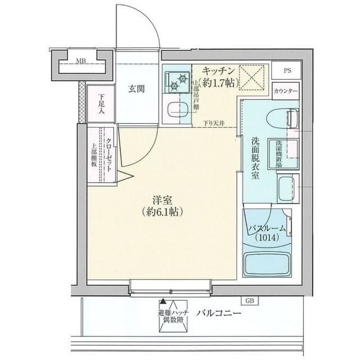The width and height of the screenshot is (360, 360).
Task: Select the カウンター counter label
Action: pyautogui.click(x=286, y=91)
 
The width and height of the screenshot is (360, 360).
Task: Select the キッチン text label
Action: pyautogui.click(x=219, y=72)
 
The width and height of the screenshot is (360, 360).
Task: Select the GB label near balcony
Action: pyautogui.click(x=249, y=300)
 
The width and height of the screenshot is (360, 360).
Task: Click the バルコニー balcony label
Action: pyautogui.click(x=219, y=313)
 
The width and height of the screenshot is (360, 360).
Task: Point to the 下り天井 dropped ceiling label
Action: pyautogui.click(x=214, y=123)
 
